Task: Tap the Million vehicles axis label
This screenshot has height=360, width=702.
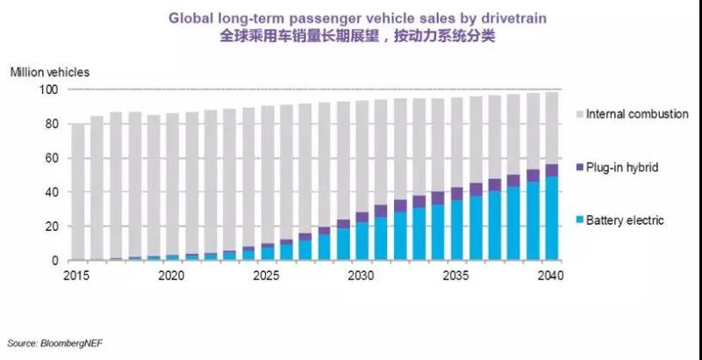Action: (x=49, y=71)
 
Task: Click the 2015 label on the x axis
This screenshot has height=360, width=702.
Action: (x=78, y=275)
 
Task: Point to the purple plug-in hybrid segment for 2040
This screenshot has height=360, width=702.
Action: (x=551, y=170)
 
